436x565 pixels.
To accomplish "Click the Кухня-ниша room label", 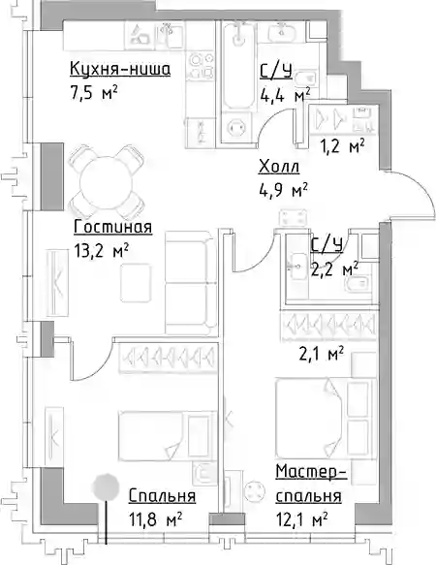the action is (x=120, y=69).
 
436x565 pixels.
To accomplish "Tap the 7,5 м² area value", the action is (x=94, y=93).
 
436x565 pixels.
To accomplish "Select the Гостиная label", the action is (x=112, y=228).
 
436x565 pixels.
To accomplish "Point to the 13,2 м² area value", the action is (x=102, y=251).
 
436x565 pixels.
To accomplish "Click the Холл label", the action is (x=279, y=167).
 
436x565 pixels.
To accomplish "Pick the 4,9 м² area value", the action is (x=283, y=190).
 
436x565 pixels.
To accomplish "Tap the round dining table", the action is (x=106, y=182).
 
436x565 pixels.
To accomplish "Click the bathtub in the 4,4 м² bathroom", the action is (x=236, y=64).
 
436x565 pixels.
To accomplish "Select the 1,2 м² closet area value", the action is (x=343, y=146).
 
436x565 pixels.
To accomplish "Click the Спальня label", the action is (x=162, y=496).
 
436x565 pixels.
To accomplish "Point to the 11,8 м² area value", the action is (x=155, y=520).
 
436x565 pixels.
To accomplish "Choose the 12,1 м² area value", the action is (x=302, y=520).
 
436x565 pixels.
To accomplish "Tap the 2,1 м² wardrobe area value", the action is (x=321, y=354).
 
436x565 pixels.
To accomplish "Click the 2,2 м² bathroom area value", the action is (x=334, y=269).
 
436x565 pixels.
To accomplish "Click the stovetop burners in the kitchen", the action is (x=201, y=65).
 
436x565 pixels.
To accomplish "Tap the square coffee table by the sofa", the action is (x=135, y=283).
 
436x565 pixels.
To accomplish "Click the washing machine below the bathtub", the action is (x=236, y=127).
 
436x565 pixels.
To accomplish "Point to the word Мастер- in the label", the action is (x=311, y=472).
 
